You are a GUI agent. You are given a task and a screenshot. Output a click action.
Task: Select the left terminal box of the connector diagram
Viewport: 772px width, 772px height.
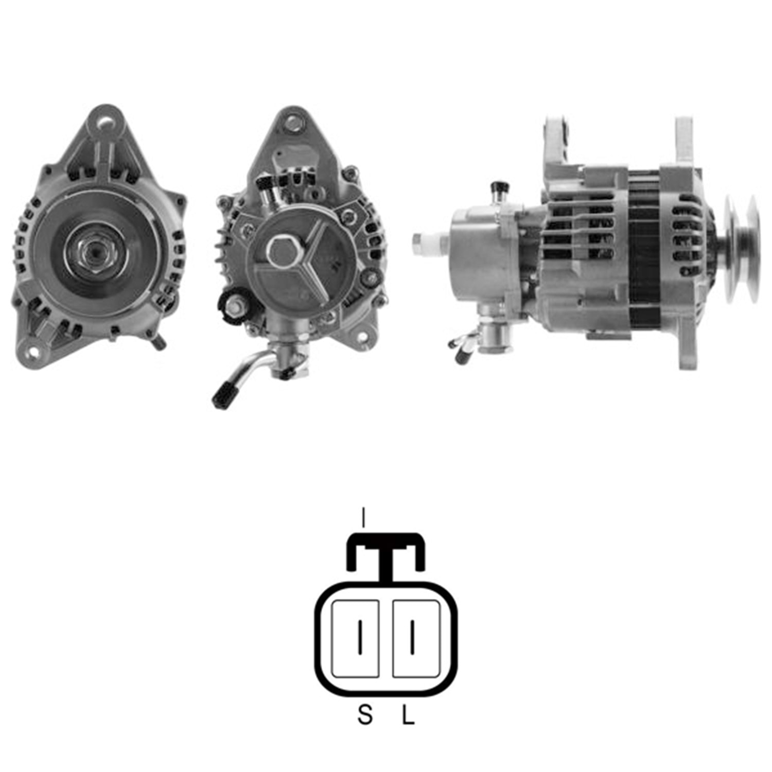[x=356, y=638]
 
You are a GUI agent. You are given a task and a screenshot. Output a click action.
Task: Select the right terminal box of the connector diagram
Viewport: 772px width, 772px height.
[x=416, y=638]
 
